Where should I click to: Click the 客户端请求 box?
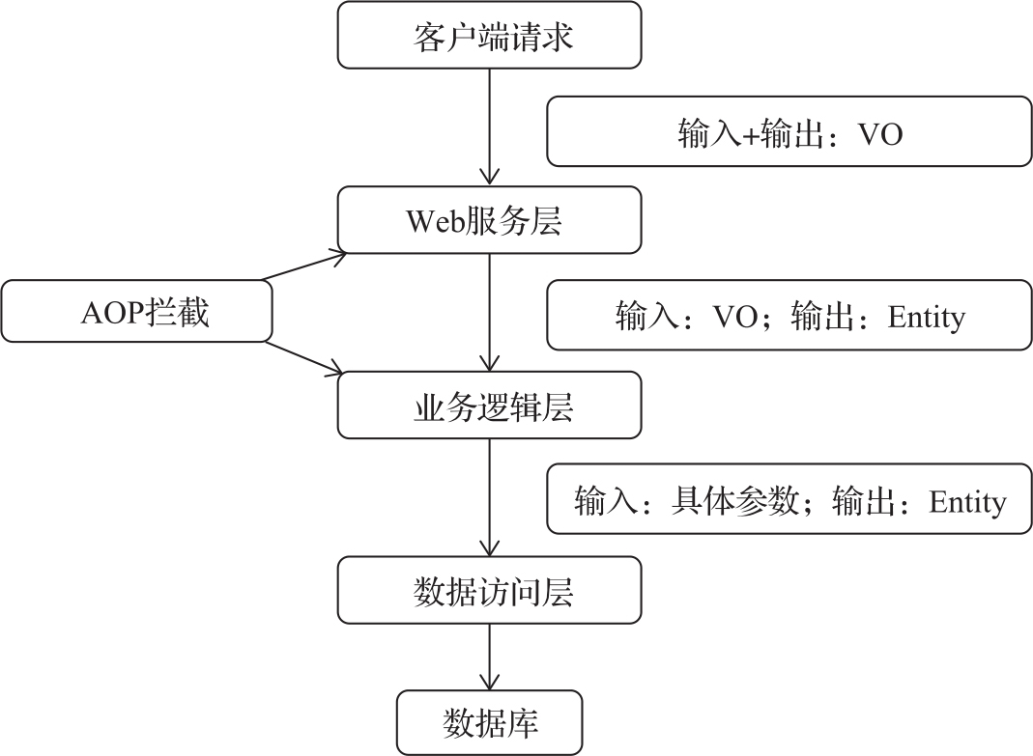coord(489,36)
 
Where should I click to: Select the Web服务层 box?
coord(489,221)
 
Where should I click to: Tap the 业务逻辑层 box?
coord(489,406)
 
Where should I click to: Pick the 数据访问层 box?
coord(489,590)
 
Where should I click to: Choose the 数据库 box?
coord(489,722)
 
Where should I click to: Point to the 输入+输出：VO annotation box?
coord(789,131)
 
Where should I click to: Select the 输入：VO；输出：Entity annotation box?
coord(789,315)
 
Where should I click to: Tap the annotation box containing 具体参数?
coord(789,500)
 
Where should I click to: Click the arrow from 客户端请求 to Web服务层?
coord(489,126)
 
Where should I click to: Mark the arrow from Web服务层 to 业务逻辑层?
coord(489,311)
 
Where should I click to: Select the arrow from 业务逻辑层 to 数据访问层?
coord(489,496)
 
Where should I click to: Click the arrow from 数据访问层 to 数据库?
coord(489,657)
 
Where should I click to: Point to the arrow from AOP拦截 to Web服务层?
coord(303,266)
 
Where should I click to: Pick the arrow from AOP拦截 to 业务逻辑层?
coord(303,357)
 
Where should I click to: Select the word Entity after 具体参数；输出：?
coord(967,501)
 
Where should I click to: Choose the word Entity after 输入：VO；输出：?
coord(926,316)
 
